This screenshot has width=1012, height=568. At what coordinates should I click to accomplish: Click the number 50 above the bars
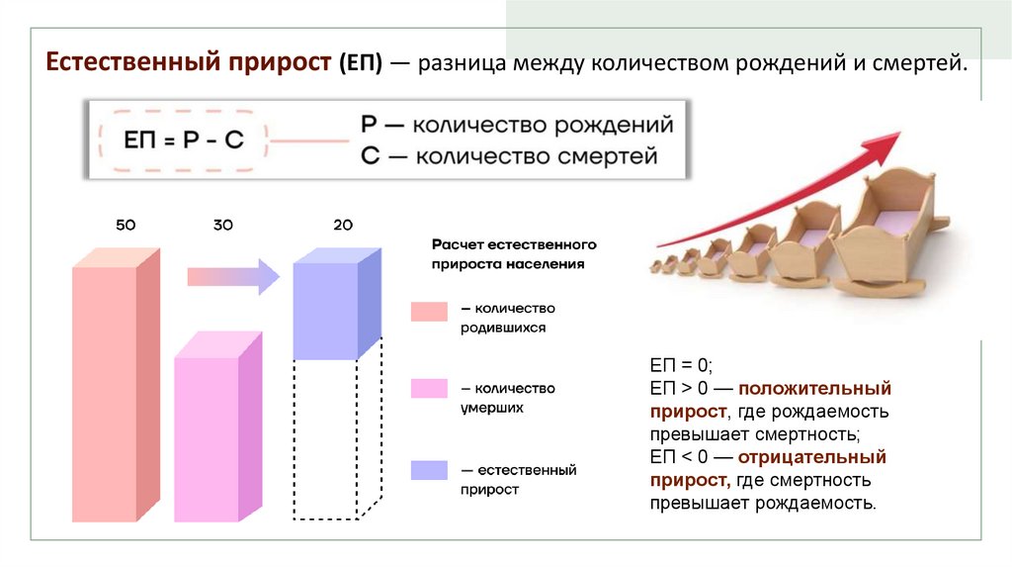126,226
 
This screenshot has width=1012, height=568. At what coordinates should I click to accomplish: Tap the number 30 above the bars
222,226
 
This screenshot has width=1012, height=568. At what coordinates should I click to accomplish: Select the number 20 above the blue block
343,226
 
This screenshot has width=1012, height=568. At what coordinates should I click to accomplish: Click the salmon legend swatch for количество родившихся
429,312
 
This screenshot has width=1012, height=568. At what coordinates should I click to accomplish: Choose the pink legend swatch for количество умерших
429,388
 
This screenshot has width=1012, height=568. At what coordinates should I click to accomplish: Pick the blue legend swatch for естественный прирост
429,470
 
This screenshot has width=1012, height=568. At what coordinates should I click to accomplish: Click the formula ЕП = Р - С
183,141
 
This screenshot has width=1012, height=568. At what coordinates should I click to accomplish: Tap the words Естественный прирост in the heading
187,64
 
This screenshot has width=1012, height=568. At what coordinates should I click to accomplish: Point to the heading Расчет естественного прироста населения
514,253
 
